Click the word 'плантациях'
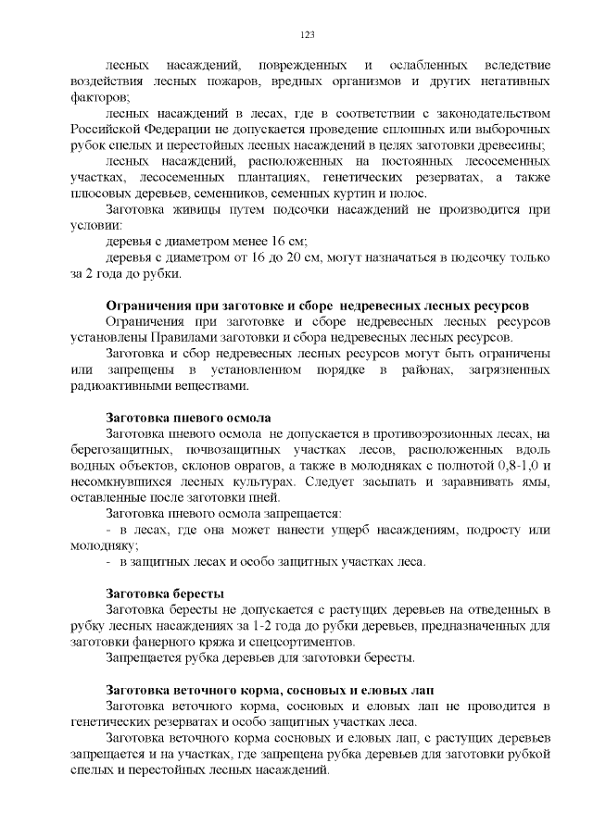click(x=271, y=177)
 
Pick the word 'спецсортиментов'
click(x=304, y=642)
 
